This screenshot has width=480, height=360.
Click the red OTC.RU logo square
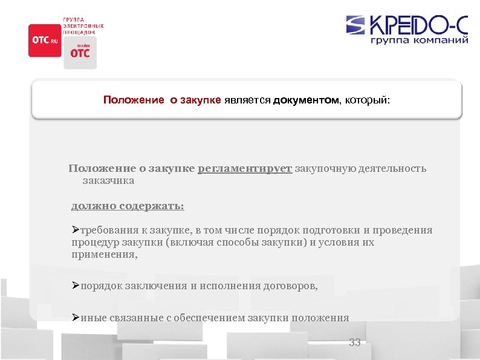point(45,40)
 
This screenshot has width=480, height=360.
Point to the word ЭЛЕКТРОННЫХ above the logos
point(83,26)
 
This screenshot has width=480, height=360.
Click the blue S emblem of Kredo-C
point(356,25)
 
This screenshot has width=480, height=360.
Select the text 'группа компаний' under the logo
point(418,41)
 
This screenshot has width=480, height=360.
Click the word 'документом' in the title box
point(307,99)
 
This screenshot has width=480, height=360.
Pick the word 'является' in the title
point(247,99)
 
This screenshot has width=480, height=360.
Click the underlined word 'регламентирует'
point(245,168)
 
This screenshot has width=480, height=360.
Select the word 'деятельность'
point(392,168)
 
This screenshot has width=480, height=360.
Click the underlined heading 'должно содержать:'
point(128,206)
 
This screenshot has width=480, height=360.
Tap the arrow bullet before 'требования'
point(76,230)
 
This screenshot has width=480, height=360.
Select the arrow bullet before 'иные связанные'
point(76,317)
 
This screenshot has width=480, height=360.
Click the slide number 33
point(355,342)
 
